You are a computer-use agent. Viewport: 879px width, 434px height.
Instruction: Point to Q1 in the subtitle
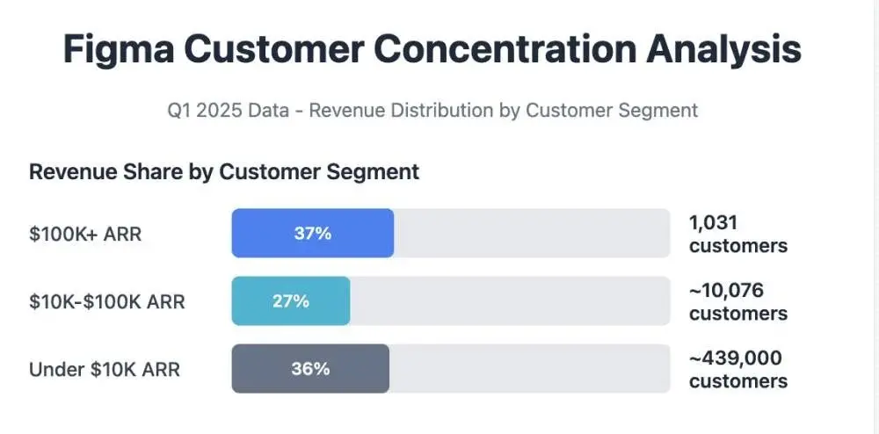pyautogui.click(x=180, y=111)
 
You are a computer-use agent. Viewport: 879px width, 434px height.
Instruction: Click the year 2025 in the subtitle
pyautogui.click(x=220, y=111)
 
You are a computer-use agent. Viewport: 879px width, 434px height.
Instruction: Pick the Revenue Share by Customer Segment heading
pyautogui.click(x=224, y=172)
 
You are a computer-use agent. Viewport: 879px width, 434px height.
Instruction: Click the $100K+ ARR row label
pyautogui.click(x=85, y=234)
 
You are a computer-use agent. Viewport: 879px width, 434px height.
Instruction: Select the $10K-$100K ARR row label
pyautogui.click(x=107, y=301)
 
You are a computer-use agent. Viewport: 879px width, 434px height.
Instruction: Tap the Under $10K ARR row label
pyautogui.click(x=105, y=369)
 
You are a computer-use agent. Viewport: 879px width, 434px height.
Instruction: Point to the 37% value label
pyautogui.click(x=312, y=234)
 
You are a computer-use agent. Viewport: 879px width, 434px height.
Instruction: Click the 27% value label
pyautogui.click(x=291, y=301)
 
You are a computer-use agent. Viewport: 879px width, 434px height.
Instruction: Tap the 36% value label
pyautogui.click(x=310, y=369)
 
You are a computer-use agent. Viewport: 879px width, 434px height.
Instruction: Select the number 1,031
pyautogui.click(x=713, y=223)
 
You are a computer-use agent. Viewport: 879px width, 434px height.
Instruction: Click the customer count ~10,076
pyautogui.click(x=727, y=291)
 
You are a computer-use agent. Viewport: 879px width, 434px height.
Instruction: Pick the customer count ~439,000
pyautogui.click(x=736, y=358)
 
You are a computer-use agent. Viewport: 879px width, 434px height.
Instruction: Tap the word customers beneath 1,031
pyautogui.click(x=738, y=246)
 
